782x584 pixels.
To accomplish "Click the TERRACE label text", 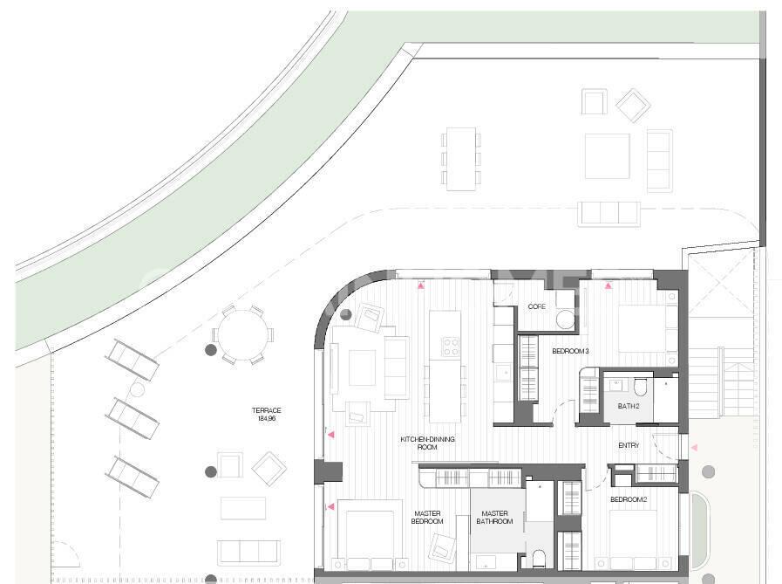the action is click(266, 410).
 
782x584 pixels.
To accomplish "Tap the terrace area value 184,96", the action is click(267, 419).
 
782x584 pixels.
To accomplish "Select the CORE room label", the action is click(537, 306).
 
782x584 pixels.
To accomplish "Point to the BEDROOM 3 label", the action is click(570, 351).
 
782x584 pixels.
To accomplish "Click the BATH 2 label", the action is click(629, 406).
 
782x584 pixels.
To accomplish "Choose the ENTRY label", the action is click(629, 445).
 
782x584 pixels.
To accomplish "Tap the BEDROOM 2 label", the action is click(629, 499).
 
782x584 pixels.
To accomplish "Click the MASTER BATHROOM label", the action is click(494, 517).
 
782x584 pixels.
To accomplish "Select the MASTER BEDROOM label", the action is click(427, 517).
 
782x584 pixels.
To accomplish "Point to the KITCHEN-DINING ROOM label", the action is click(427, 443).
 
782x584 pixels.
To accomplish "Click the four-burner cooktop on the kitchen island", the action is click(451, 347).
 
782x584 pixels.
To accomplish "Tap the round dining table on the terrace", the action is click(243, 334).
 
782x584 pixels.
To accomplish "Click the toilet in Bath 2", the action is click(640, 387).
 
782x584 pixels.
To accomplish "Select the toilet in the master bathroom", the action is click(539, 558).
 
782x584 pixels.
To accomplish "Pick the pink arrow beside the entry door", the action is click(694, 448).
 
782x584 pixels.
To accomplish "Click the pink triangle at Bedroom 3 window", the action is click(608, 285).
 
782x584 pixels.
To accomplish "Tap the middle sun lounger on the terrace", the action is click(133, 419).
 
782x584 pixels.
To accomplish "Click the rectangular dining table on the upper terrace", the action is click(461, 159).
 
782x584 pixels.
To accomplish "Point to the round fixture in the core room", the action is click(565, 319).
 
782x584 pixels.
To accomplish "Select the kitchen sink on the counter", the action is click(503, 373).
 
